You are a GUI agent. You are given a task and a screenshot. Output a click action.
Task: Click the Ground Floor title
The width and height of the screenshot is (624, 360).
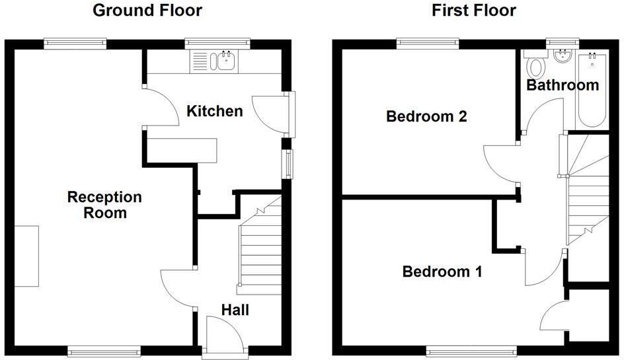coord(147,11)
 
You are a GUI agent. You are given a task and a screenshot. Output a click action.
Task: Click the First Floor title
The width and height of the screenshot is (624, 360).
coord(473,11)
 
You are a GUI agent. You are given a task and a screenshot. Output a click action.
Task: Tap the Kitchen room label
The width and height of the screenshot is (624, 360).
coord(215,111)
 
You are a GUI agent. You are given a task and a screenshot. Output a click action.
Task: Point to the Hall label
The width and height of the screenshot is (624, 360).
coord(235,310)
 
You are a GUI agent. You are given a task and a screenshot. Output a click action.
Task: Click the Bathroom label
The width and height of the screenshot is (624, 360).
coord(563,85)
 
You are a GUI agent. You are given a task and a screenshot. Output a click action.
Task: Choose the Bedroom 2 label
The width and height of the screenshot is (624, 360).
coord(427,117)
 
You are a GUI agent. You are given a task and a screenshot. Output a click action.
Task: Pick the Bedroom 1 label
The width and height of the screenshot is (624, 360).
coord(442,271)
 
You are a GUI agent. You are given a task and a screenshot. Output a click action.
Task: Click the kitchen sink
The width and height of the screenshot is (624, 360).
coord(223,62)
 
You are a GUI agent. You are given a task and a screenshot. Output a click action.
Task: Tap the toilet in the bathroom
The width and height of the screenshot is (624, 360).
coord(535,65)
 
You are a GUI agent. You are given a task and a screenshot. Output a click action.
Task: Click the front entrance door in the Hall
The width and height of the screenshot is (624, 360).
coord(222,334)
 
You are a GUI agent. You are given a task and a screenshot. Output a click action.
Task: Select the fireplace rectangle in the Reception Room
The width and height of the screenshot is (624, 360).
coord(27,256)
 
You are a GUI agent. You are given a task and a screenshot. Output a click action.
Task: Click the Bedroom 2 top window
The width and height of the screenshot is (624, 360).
coord(428,43)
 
